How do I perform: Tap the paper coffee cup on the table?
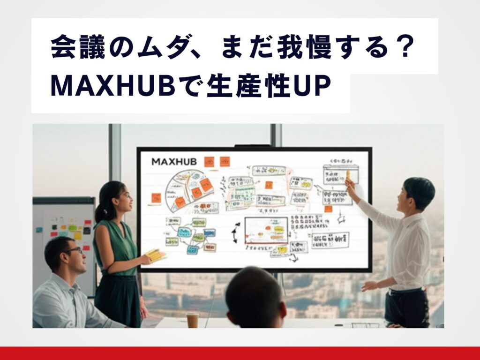point(193,320)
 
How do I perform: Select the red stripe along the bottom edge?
point(240,353)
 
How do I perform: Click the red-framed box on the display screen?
point(266,231)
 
